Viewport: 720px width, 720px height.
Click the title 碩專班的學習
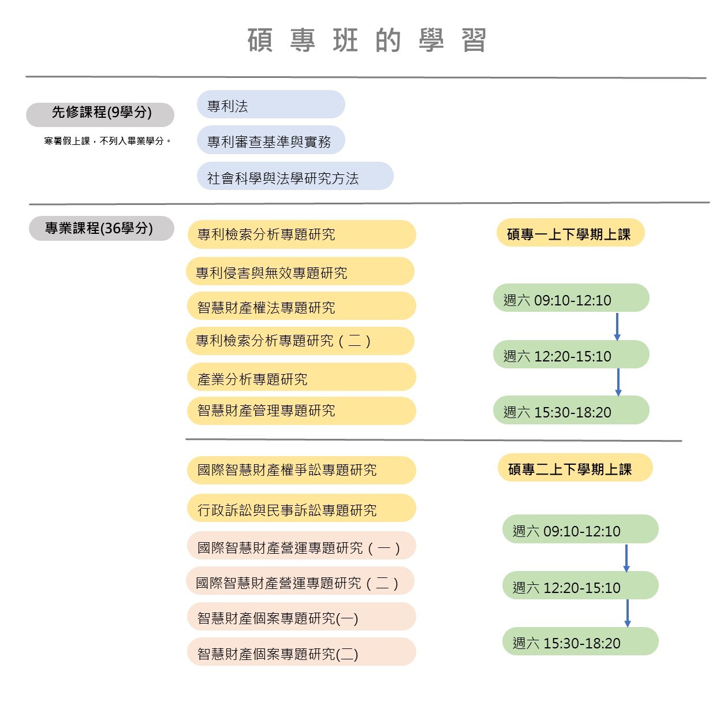pyautogui.click(x=367, y=40)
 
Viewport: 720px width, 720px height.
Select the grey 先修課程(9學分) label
pyautogui.click(x=100, y=114)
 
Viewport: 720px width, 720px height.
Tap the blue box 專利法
pyautogui.click(x=271, y=105)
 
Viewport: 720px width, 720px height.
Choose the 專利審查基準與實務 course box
pyautogui.click(x=271, y=140)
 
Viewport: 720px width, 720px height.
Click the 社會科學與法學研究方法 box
pyautogui.click(x=295, y=176)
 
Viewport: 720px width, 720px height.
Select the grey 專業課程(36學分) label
pyautogui.click(x=102, y=228)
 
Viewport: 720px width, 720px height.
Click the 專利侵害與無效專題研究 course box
pyautogui.click(x=300, y=271)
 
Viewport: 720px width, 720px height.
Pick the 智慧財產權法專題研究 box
pyautogui.click(x=302, y=306)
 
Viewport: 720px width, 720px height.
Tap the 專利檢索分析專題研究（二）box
pyautogui.click(x=300, y=341)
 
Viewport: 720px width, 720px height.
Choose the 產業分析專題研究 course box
pyautogui.click(x=302, y=377)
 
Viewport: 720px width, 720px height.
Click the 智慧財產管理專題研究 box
pyautogui.click(x=302, y=411)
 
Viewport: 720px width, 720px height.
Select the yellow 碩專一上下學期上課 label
pyautogui.click(x=570, y=233)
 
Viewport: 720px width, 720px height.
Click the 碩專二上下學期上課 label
pyautogui.click(x=575, y=468)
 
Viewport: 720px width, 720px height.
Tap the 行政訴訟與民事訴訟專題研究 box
pyautogui.click(x=302, y=508)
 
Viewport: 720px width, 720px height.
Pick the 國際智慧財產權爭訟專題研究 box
pyautogui.click(x=302, y=471)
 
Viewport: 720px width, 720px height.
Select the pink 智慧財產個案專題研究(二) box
pyautogui.click(x=302, y=652)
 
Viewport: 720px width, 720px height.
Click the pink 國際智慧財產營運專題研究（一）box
pyautogui.click(x=302, y=546)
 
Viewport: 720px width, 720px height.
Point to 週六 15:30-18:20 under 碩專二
pyautogui.click(x=580, y=641)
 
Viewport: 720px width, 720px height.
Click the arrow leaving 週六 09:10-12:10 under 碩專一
pyautogui.click(x=617, y=327)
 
